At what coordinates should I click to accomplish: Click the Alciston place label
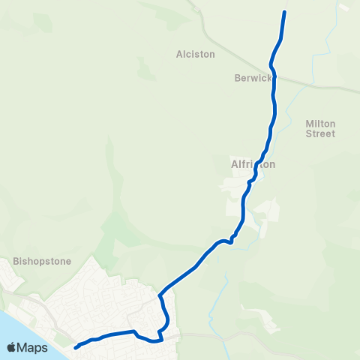tap(195, 54)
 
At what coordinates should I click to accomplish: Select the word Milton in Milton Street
tap(320, 123)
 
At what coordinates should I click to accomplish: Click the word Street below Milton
tap(320, 133)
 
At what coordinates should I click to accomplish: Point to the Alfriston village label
tap(253, 163)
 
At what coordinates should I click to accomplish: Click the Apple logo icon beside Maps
tap(12, 346)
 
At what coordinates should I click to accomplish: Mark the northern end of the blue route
tap(284, 12)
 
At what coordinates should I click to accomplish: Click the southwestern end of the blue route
tap(76, 346)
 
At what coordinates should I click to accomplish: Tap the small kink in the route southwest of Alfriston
tap(231, 240)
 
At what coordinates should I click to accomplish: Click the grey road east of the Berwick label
tap(322, 84)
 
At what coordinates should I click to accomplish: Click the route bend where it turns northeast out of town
tap(160, 295)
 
